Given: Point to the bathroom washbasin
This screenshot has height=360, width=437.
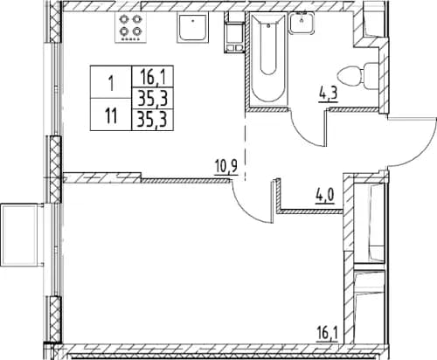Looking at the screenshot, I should click(x=302, y=24).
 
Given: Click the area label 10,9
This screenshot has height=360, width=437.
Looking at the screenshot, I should click(x=225, y=164).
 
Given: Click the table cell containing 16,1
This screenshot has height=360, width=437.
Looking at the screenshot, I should click(x=151, y=78).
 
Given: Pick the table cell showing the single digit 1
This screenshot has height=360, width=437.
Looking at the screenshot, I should click(x=111, y=85).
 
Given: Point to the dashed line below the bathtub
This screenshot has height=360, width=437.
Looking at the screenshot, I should click(x=245, y=140).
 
